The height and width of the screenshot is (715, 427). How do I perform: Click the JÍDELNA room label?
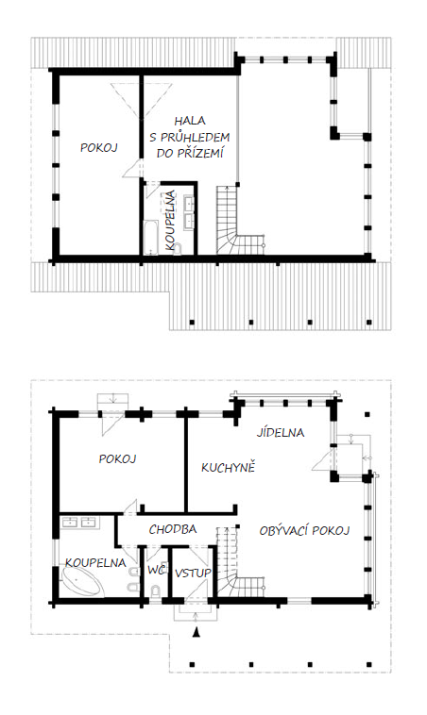click(x=280, y=431)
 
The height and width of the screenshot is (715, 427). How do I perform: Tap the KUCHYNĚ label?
click(x=228, y=467)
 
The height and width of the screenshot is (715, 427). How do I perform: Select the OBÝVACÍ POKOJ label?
click(x=304, y=530)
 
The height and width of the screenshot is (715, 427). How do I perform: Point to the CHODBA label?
click(x=173, y=529)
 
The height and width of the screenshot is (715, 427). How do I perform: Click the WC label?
click(x=156, y=570)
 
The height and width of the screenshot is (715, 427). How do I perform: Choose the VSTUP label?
click(x=193, y=573)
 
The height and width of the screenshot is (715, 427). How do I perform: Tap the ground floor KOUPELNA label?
click(x=95, y=562)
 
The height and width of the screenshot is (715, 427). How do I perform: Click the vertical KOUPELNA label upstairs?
click(x=170, y=220)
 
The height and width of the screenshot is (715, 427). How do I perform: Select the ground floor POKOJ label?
click(x=118, y=458)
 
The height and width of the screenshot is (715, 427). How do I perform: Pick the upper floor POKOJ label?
click(x=99, y=147)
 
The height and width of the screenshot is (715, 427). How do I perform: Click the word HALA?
click(x=190, y=121)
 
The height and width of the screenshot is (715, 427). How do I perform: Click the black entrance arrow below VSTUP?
click(x=196, y=633)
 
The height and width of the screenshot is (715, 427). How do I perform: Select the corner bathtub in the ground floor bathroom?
click(x=81, y=582)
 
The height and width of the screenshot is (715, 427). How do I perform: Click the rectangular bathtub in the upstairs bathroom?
click(x=151, y=238)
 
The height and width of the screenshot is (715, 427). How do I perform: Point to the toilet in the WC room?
click(x=156, y=591)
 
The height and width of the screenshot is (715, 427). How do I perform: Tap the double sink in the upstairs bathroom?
click(x=189, y=211)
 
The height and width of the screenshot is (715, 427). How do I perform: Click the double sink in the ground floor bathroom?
click(x=79, y=522)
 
